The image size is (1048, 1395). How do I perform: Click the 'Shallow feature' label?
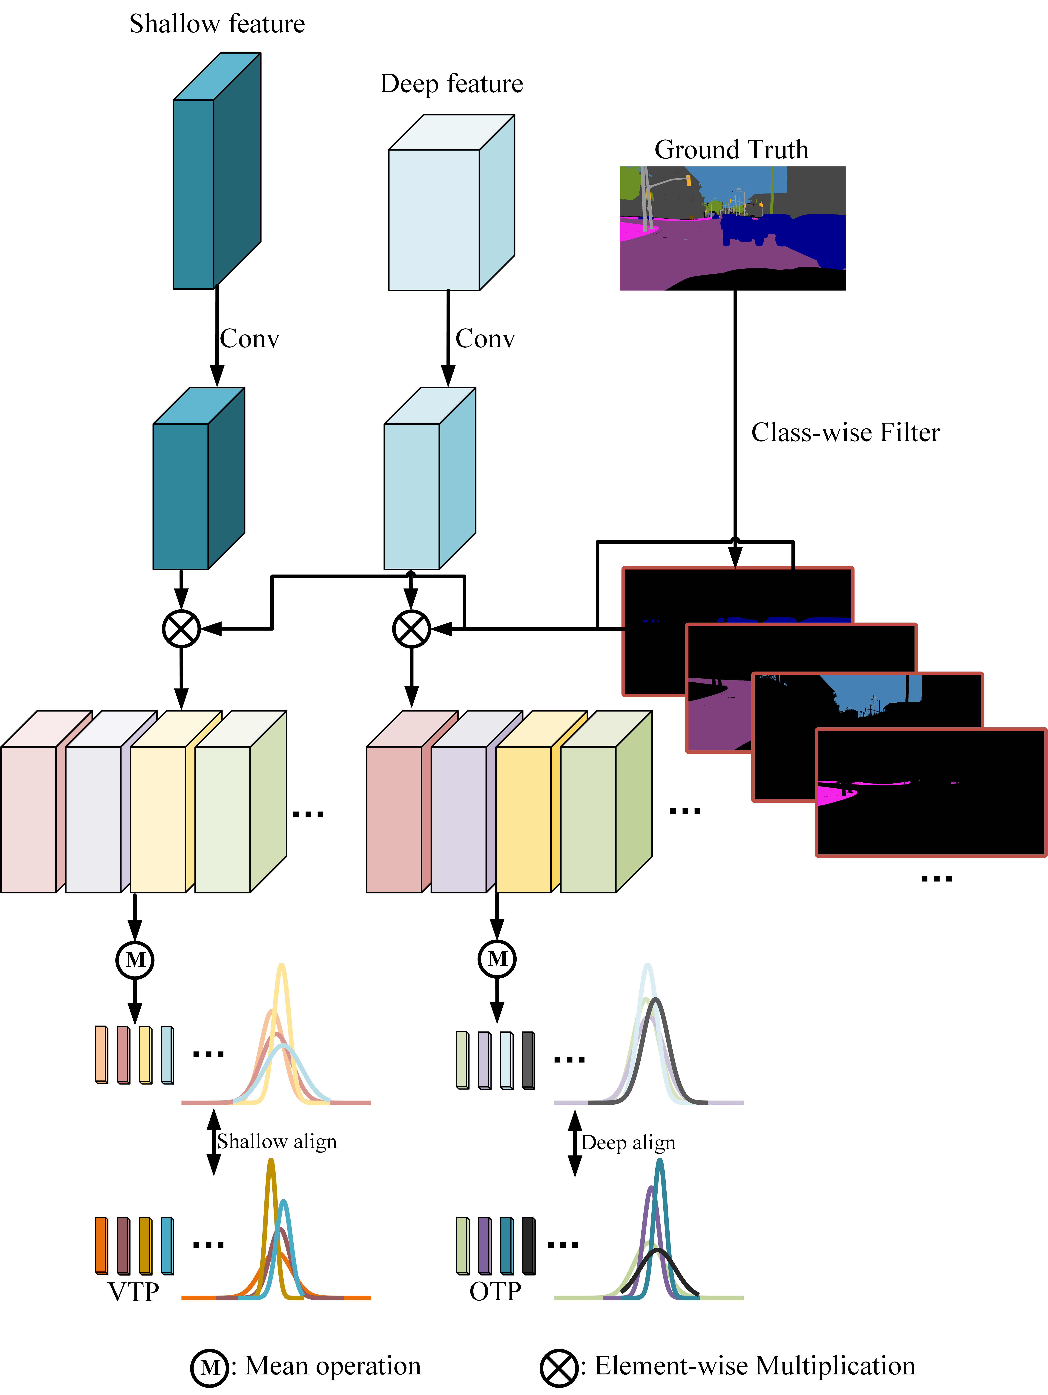[x=217, y=24]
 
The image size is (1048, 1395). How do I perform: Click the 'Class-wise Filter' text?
[x=846, y=433]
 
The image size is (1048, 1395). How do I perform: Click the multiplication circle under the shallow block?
[x=182, y=629]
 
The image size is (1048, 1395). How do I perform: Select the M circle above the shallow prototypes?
[x=135, y=960]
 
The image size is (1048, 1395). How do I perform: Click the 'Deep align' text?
[x=628, y=1143]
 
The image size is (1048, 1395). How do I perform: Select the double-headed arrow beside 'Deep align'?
[x=574, y=1143]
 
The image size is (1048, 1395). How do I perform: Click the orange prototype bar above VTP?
[x=101, y=1246]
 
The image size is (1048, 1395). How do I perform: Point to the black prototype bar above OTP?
[x=528, y=1246]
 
